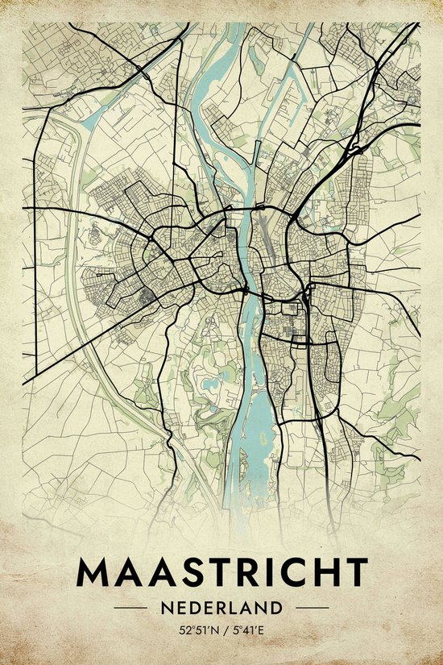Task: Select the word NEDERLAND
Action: click(221, 607)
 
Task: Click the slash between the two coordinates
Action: click(222, 629)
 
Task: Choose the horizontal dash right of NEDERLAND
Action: click(313, 607)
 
